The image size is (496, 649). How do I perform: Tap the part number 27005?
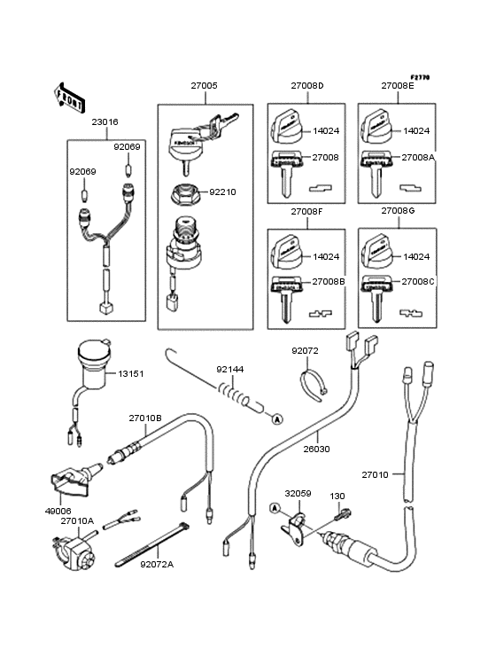click(203, 86)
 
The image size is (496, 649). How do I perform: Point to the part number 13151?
click(131, 374)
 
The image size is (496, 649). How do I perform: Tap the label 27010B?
click(144, 418)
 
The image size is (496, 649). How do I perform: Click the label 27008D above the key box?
click(307, 86)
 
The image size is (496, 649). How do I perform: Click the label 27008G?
click(398, 213)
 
